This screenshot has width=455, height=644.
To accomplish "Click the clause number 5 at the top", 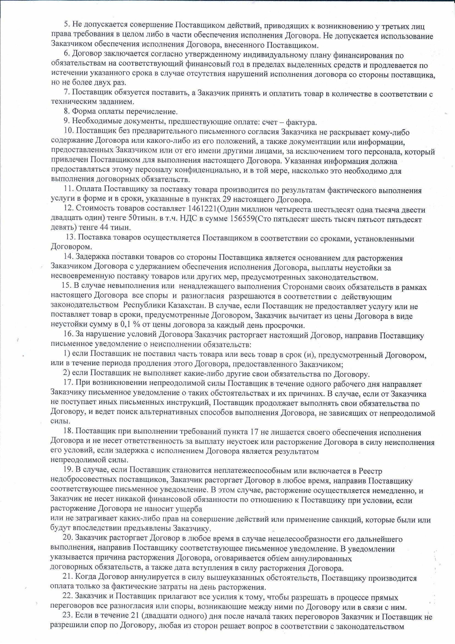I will tap(67, 27).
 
